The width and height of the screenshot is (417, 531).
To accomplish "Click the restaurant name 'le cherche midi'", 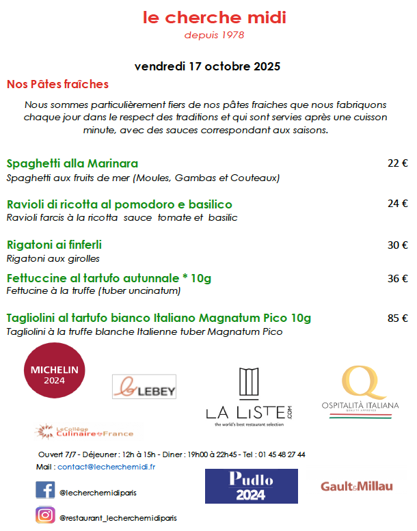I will pos(214,18).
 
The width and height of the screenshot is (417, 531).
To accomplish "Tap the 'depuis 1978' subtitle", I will pos(214,35).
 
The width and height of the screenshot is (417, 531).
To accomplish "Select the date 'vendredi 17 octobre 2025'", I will pos(208,67).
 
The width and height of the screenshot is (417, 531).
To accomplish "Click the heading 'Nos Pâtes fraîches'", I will pos(57,85).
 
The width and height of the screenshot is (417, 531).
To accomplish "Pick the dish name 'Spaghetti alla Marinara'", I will pos(72,163).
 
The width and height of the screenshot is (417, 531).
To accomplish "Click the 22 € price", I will pos(397,163).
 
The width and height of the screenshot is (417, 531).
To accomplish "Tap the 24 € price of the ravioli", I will pos(397,204).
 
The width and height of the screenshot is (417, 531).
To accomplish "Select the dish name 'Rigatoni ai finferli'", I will pos(54,244).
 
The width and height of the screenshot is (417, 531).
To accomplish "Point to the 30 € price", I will pos(397,245).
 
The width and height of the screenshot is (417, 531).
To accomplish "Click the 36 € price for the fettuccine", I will pos(397,278).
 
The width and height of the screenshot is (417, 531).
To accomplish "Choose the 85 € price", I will pos(397,318).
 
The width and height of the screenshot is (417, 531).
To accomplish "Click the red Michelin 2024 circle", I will pos(55,375).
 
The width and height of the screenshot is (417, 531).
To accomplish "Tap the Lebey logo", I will pos(144,387).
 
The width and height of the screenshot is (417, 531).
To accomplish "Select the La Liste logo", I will pos(249,397).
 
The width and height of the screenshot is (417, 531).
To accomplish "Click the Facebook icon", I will pos(45,490).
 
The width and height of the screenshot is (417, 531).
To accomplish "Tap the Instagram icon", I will pos(45,515).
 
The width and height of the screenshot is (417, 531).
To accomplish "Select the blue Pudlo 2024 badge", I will pos(251,486).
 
